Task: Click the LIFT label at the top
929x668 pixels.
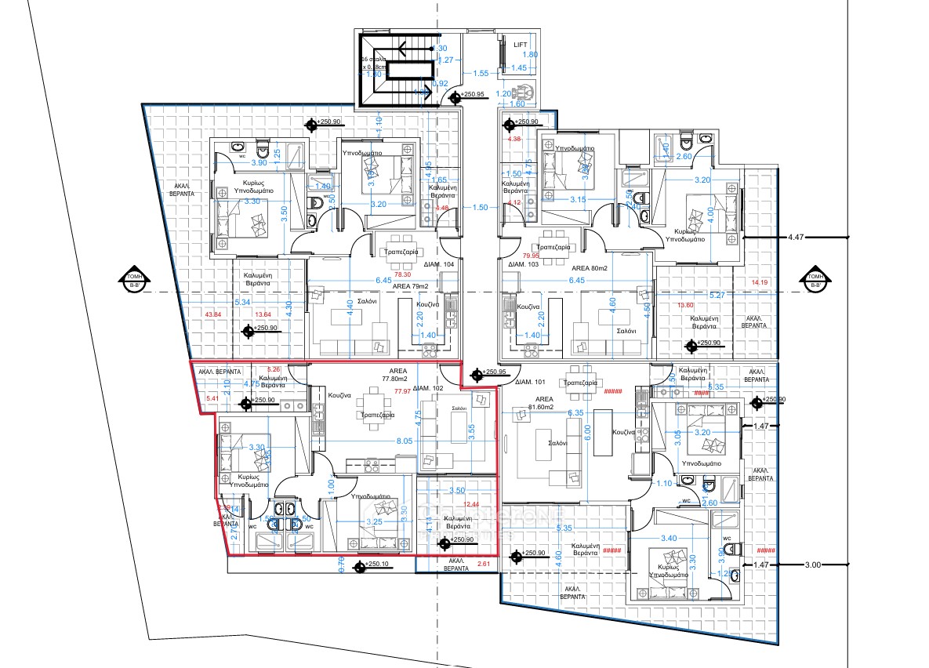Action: [x=521, y=45]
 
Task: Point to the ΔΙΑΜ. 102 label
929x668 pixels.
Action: [x=430, y=388]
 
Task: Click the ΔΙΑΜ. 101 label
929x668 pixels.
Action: [x=531, y=383]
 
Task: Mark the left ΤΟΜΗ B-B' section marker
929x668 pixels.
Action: [x=129, y=280]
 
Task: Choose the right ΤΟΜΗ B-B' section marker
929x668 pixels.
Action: [x=815, y=280]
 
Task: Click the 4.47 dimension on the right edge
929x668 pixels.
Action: [x=797, y=236]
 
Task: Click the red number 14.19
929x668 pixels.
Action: [x=760, y=282]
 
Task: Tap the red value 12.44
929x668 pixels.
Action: [x=470, y=505]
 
